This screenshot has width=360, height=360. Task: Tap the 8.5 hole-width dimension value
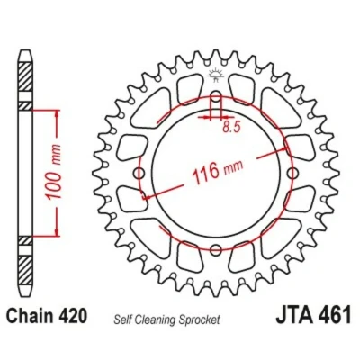231,128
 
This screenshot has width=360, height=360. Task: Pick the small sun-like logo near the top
215,75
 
